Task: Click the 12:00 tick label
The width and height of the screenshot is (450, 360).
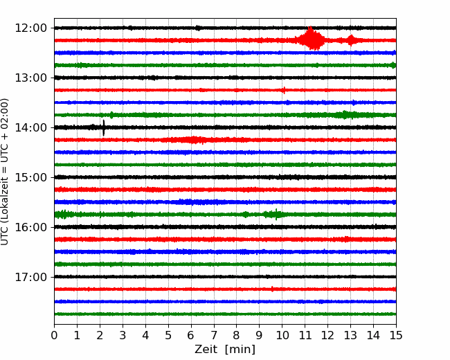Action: [x=30, y=28]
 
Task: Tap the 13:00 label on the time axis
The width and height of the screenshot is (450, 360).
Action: [x=30, y=78]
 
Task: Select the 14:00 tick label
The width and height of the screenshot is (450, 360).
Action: [x=30, y=127]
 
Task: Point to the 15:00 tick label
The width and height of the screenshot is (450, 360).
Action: [x=30, y=177]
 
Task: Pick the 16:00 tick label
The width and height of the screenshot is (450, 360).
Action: [x=30, y=227]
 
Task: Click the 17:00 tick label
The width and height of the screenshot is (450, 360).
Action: [x=30, y=277]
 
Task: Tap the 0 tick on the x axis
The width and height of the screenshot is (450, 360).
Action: [x=54, y=335]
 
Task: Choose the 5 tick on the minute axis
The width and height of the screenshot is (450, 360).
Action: [x=168, y=335]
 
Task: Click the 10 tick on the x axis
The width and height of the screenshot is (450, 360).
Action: [x=282, y=335]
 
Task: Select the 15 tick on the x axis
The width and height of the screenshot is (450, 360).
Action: [x=396, y=335]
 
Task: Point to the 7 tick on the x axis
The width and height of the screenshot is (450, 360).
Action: [x=214, y=335]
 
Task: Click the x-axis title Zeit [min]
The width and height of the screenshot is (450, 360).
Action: [x=225, y=349]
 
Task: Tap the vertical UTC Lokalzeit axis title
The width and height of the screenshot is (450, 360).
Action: [x=5, y=172]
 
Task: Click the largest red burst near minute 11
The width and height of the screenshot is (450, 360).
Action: [x=311, y=39]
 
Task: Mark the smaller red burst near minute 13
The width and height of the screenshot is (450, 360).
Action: [x=351, y=40]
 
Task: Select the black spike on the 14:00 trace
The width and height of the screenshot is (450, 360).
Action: [x=104, y=128]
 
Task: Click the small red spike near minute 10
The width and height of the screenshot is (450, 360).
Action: [x=284, y=90]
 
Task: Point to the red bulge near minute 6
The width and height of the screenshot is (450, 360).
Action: [x=194, y=140]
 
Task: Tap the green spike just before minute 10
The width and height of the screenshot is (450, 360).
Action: [x=276, y=214]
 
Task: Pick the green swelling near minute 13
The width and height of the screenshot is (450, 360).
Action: [x=346, y=115]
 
